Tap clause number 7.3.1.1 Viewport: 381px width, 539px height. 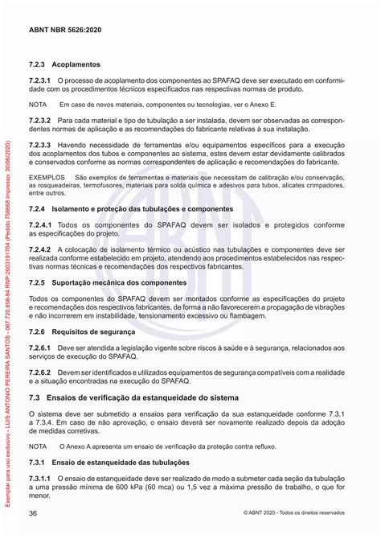[41, 478]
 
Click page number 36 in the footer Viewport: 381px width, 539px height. [33, 512]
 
